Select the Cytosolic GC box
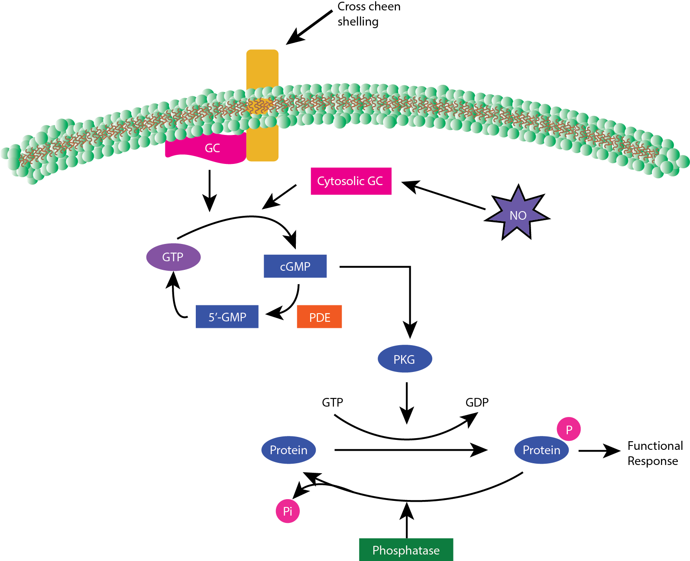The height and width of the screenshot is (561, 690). coord(351,181)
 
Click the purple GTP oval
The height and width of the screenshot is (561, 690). coord(173,257)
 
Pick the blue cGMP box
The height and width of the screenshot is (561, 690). coord(295,266)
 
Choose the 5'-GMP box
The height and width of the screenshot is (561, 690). coord(227,317)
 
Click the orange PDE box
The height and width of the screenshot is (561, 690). coord(319,317)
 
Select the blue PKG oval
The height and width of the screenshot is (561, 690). coord(405,359)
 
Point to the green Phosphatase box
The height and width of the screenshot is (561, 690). coord(406,550)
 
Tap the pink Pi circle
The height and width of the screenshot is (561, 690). coord(288,511)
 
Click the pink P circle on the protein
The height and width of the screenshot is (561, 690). coord(569,429)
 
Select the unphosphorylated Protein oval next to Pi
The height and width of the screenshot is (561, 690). coord(288,450)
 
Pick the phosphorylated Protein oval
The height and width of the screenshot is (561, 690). coord(541,450)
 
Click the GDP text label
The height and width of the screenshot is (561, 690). coord(477,403)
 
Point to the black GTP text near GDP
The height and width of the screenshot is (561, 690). coord(332,403)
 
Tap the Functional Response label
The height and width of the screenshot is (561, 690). coord(654,453)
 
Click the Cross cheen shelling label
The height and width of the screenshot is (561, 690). coord(368,14)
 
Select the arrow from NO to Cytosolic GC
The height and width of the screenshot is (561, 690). coord(444,196)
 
